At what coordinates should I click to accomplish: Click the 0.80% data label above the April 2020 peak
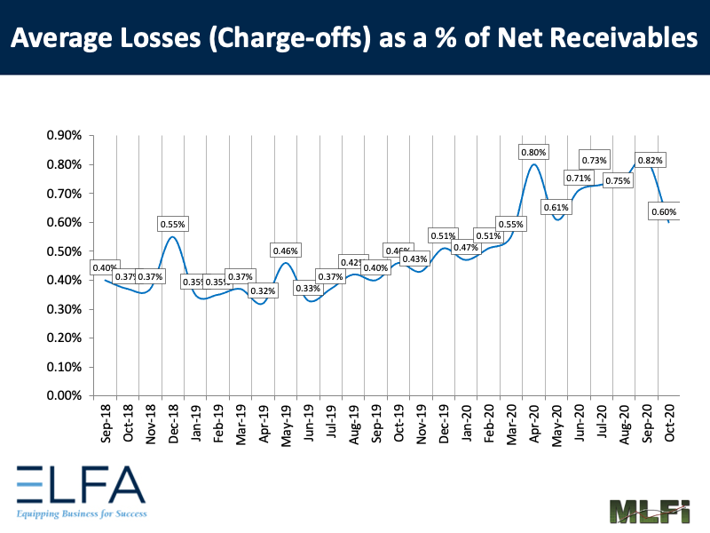533,152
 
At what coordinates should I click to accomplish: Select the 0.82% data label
649,160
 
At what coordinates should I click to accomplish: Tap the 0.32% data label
263,290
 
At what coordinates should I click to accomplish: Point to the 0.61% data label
556,208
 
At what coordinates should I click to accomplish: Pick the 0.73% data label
594,160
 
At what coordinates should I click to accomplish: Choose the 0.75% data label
618,180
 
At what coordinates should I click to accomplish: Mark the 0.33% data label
308,288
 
